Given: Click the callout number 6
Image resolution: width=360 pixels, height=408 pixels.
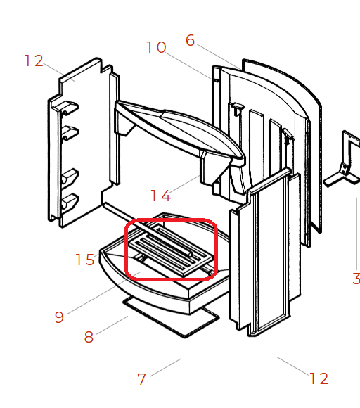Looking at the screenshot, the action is tap(190, 41).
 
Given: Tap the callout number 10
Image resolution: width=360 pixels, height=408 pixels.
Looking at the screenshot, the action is tap(156, 47).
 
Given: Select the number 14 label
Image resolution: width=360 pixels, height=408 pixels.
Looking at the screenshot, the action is tap(161, 196).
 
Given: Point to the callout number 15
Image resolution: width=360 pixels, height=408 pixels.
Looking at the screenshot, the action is tap(85, 260).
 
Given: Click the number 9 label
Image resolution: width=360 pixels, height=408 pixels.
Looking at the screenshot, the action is tap(59, 317).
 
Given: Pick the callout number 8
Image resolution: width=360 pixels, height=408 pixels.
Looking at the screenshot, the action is tap(89, 337).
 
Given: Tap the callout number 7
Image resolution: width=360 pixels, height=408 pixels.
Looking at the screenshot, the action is tap(141, 379).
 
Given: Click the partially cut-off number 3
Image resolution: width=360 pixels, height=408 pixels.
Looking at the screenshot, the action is tap(356, 279).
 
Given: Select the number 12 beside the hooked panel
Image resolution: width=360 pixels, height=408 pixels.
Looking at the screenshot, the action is tap(34, 61).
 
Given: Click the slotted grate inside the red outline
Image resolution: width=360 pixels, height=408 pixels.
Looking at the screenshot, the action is tap(172, 250).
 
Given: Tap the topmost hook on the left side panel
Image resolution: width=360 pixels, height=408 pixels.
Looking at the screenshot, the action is tap(69, 108).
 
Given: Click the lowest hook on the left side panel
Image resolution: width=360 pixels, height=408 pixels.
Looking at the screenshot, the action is tap(69, 201).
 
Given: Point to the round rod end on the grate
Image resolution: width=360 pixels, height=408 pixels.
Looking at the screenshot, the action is tap(191, 254).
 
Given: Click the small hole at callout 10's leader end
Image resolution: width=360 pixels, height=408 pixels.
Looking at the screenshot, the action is tap(216, 81).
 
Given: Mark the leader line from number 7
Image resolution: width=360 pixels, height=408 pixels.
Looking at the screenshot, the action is tap(166, 367).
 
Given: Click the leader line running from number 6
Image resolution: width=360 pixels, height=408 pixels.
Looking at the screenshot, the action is tap(219, 56).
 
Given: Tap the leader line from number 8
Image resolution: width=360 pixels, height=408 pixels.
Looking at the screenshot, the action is tap(112, 325).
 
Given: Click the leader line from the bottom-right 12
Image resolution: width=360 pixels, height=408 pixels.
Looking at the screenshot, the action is tap(292, 366).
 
